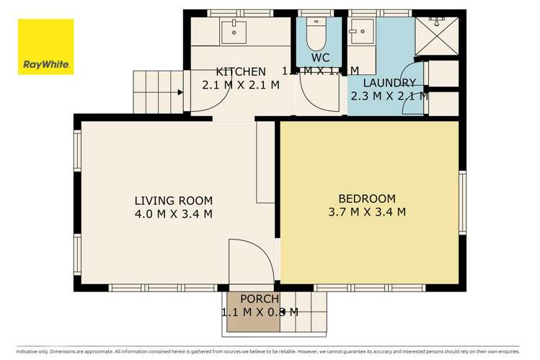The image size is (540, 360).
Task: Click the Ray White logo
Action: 46,47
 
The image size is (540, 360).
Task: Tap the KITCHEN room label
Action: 241,71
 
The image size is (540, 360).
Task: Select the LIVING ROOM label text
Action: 173,200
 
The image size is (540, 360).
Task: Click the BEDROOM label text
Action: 367,198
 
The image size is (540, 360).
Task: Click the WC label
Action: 320,57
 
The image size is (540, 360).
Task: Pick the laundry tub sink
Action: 360,30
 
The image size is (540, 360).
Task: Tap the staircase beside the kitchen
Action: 155,92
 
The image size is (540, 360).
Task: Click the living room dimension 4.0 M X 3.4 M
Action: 173,214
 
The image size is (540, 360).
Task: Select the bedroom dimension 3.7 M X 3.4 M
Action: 367,212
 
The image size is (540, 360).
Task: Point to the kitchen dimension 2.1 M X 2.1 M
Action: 241,85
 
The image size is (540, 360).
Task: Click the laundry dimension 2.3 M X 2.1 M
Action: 389,96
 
